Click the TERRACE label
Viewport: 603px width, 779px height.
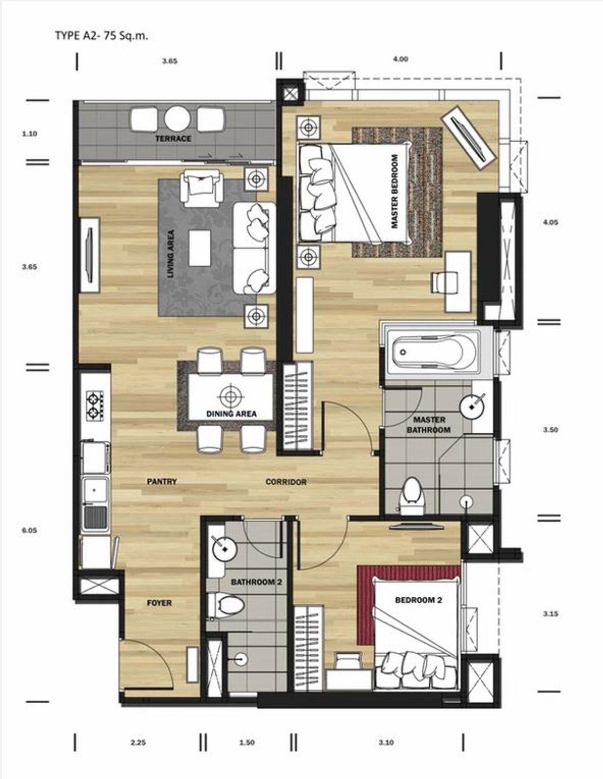point(173,139)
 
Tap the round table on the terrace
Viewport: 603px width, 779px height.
point(178,119)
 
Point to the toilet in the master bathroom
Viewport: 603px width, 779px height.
point(412,496)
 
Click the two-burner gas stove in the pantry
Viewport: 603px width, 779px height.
point(95,406)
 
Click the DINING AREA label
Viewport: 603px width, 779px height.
point(231,414)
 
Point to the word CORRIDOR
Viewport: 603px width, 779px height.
point(286,482)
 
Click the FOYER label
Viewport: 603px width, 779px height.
point(159,603)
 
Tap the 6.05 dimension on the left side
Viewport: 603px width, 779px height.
point(29,530)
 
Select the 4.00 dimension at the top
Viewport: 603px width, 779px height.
point(400,59)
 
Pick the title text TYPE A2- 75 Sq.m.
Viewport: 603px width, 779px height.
point(101,36)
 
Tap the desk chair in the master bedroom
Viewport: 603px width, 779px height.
point(445,282)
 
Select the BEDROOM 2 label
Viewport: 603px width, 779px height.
point(418,600)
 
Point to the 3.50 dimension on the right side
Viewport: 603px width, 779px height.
point(550,430)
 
